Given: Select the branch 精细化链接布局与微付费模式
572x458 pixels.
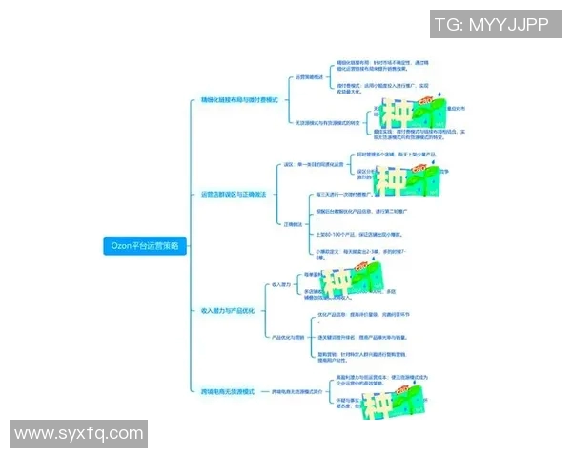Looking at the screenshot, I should [x=239, y=99].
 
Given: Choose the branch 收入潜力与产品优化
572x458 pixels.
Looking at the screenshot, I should [x=227, y=310].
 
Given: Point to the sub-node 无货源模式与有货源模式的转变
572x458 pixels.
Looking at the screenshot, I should [x=329, y=122].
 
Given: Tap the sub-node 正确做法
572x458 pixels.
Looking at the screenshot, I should [x=293, y=224].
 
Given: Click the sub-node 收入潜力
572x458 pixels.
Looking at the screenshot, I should [x=281, y=284].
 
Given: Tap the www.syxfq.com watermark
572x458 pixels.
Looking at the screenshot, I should [x=79, y=433].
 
